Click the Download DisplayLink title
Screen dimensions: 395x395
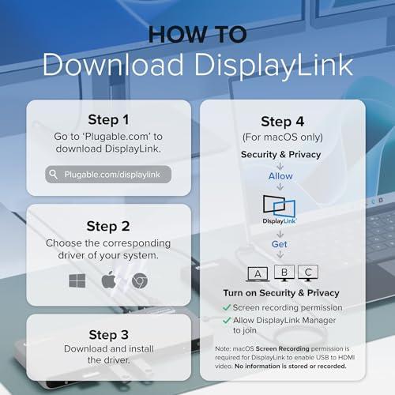pyautogui.click(x=197, y=67)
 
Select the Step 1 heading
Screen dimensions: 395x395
pyautogui.click(x=108, y=121)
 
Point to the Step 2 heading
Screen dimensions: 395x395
pyautogui.click(x=108, y=225)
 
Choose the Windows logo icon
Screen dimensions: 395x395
pyautogui.click(x=77, y=280)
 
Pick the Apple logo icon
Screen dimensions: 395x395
pyautogui.click(x=108, y=280)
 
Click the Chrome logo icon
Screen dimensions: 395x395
pyautogui.click(x=139, y=280)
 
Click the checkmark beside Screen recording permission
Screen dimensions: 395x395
pyautogui.click(x=227, y=307)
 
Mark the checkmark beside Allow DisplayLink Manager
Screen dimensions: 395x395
pyautogui.click(x=227, y=320)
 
